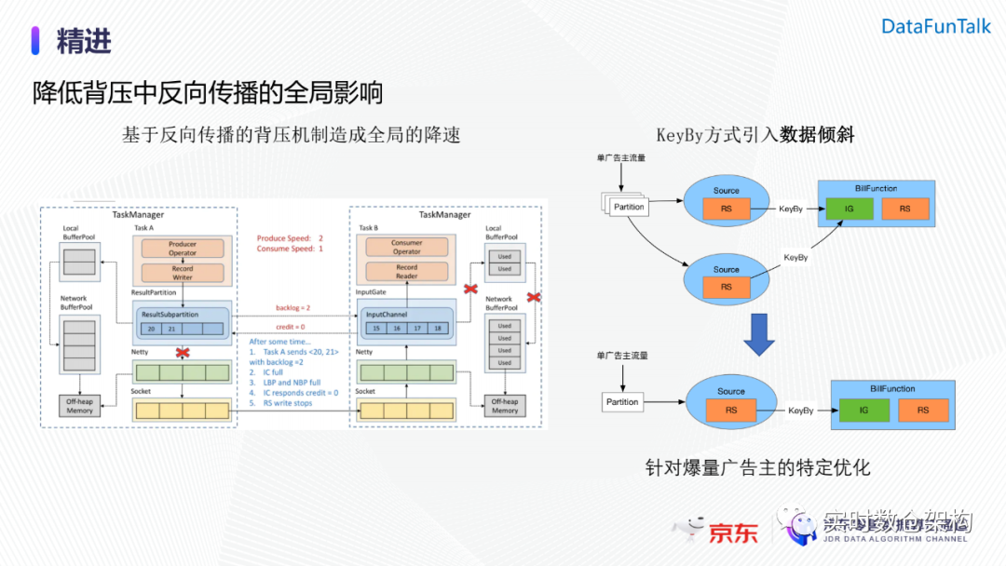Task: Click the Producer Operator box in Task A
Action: coord(183,249)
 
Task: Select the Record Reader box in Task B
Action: coord(407,271)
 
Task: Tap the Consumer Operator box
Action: coord(407,248)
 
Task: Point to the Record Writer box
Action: coord(183,273)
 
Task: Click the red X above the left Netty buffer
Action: coord(183,353)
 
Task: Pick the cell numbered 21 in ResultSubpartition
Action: coord(171,329)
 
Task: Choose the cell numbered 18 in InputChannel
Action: coord(438,329)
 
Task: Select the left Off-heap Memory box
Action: coord(79,405)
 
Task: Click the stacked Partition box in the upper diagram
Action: coord(628,207)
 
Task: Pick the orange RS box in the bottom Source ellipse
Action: coord(731,410)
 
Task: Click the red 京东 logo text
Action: coord(734,532)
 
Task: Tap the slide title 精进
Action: coord(84,40)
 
